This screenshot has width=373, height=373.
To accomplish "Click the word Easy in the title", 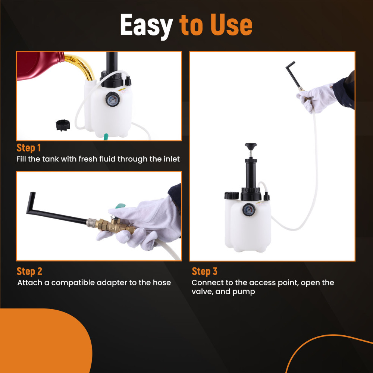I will (146, 25).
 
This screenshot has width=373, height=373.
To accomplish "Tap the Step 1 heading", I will (29, 148).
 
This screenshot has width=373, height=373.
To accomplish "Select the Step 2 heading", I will (29, 271).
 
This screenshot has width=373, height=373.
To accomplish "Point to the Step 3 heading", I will (204, 271).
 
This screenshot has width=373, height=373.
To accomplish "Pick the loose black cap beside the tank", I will (62, 125).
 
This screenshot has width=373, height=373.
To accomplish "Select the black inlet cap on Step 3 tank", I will (231, 195).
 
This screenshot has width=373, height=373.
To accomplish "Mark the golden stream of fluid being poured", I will (82, 63).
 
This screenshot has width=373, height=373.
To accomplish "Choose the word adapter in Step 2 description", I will (112, 283).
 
